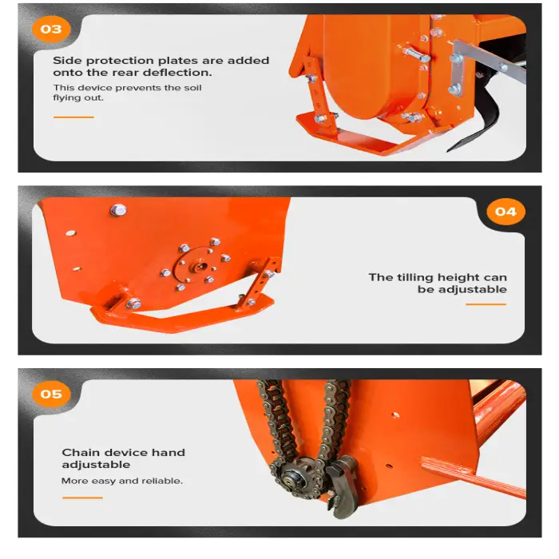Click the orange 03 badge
(x=51, y=29)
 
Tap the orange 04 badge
(x=505, y=212)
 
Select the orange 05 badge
(x=51, y=394)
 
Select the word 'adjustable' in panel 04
(x=472, y=289)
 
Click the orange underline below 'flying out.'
(x=73, y=117)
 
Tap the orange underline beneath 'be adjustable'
(x=486, y=304)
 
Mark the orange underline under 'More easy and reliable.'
(x=82, y=498)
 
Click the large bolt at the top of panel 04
(x=118, y=210)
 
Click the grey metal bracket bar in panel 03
(x=489, y=61)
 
